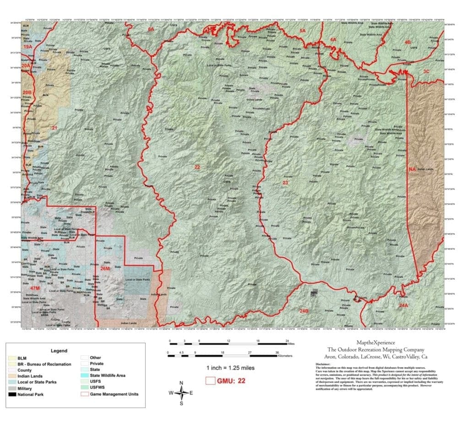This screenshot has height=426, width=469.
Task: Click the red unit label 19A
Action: (28, 47)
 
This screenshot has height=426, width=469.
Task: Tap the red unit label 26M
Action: (105, 268)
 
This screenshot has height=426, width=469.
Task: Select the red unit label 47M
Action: (35, 288)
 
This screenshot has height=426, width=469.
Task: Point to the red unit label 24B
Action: (304, 311)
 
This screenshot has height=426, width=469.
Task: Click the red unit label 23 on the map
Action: (285, 183)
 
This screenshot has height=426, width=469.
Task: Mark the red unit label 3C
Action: (426, 71)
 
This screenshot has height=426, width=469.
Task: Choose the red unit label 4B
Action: (407, 42)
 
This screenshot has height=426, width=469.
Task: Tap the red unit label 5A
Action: (302, 30)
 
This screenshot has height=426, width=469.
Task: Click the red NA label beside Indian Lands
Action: (412, 169)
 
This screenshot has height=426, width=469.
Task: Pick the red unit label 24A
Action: (403, 305)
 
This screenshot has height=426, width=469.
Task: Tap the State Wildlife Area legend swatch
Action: (84, 376)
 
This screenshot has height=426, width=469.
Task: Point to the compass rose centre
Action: (182, 392)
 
